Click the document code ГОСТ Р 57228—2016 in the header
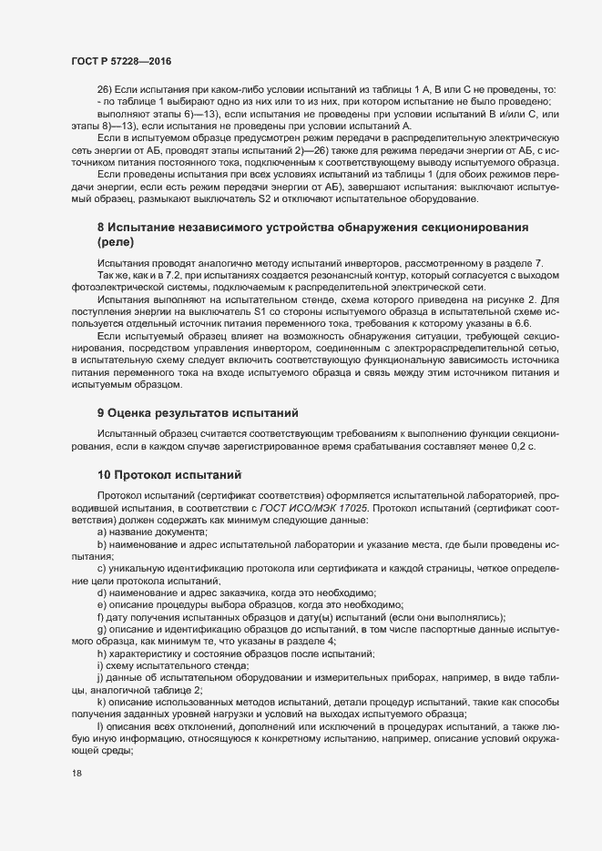tap(121, 60)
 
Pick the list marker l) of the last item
tap(100, 724)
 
